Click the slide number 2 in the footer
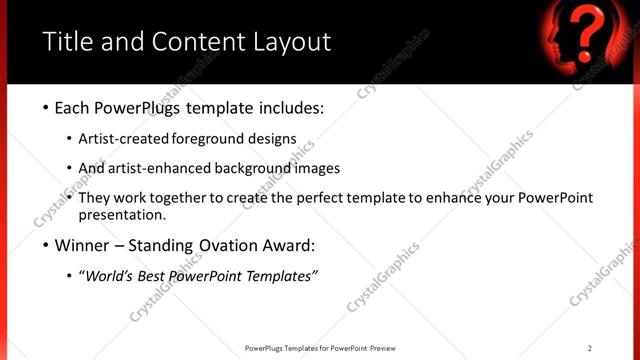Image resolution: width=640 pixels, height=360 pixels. [590, 348]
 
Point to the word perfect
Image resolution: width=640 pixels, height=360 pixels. [325, 198]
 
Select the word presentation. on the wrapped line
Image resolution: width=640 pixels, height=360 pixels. [121, 215]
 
